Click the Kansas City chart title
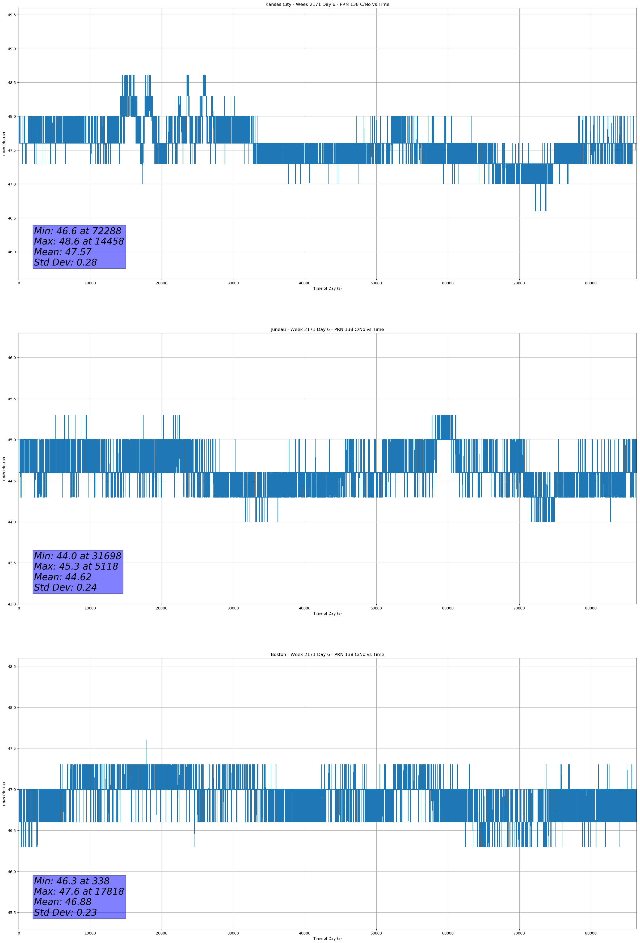click(327, 5)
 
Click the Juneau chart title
click(327, 330)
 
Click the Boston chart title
click(327, 655)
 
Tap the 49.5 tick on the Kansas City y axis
click(11, 15)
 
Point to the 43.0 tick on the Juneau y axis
click(11, 604)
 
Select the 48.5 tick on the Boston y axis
click(11, 666)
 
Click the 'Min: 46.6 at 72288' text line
click(78, 231)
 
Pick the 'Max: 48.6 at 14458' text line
click(79, 241)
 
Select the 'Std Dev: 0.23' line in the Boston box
click(65, 912)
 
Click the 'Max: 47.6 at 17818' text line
click(79, 891)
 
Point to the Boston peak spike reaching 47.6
click(146, 741)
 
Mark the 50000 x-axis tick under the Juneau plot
click(376, 608)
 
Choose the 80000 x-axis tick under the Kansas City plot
click(591, 283)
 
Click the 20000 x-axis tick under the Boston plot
click(162, 933)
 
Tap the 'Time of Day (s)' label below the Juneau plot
click(327, 613)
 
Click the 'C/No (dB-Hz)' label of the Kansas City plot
click(4, 144)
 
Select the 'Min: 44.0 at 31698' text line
click(78, 556)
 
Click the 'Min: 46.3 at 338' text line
click(71, 881)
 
